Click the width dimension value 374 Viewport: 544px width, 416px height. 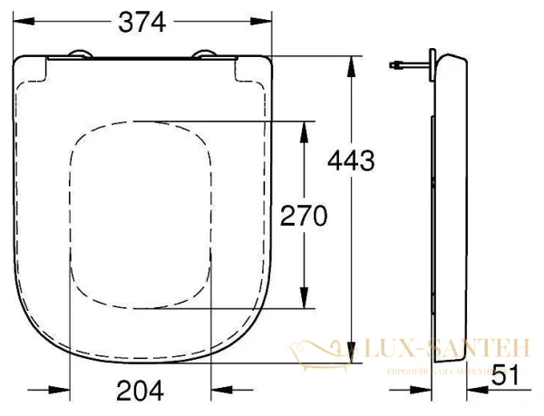click(x=141, y=24)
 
